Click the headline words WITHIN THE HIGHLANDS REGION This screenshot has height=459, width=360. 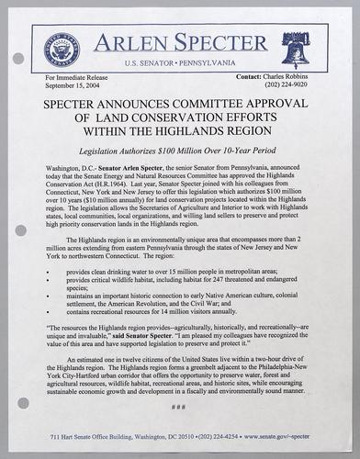tap(180, 130)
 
